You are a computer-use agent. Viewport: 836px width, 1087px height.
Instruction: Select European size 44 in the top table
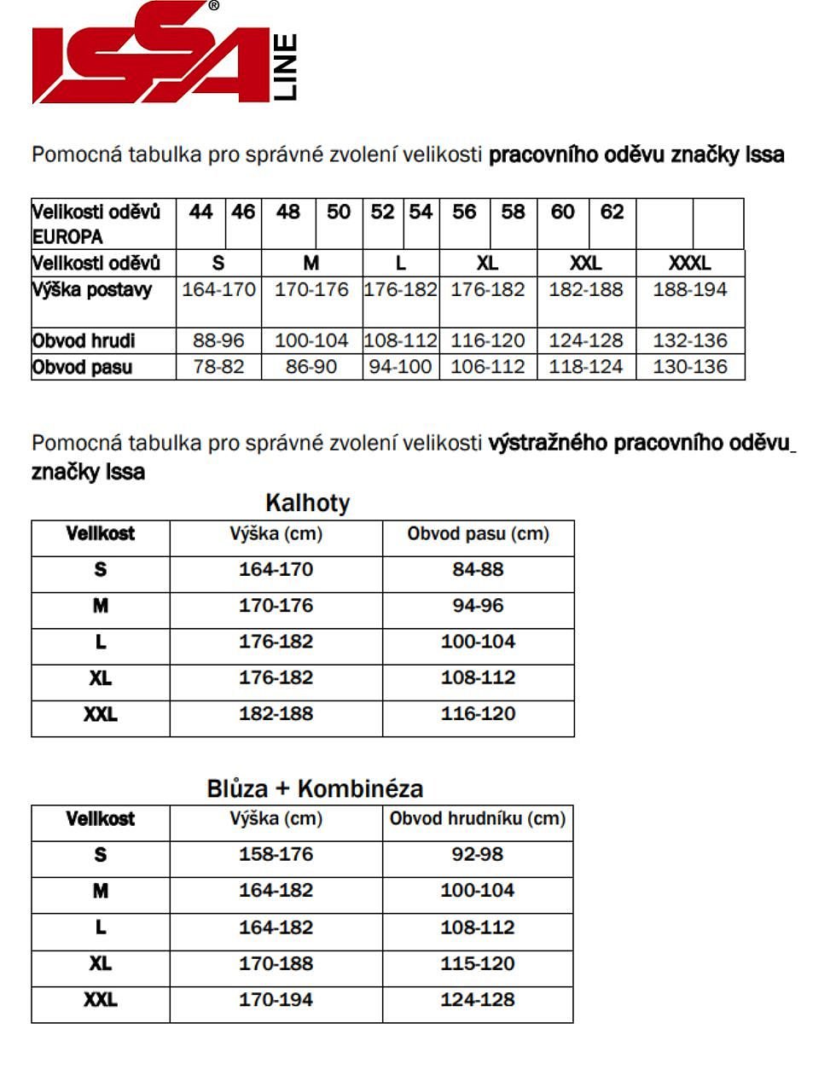pos(200,212)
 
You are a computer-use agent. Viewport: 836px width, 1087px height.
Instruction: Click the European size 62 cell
pos(612,212)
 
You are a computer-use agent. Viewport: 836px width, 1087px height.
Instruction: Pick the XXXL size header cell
pos(689,263)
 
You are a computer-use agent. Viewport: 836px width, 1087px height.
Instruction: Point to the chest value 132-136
pos(689,340)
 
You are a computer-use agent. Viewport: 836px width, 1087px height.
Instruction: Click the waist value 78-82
pos(218,367)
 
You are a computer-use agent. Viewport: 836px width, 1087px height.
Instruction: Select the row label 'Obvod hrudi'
pos(84,341)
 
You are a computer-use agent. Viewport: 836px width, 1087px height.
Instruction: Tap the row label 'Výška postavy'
pos(92,290)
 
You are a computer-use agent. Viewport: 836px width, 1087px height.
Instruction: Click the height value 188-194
pos(689,290)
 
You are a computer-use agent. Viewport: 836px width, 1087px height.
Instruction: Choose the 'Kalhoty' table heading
pos(307,503)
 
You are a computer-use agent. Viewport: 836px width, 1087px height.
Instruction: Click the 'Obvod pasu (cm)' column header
pos(478,534)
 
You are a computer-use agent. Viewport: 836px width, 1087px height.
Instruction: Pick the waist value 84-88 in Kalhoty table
pos(478,570)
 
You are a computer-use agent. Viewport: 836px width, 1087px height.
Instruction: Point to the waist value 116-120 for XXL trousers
pos(478,714)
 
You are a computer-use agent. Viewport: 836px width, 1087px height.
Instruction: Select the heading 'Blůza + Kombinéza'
pos(315,788)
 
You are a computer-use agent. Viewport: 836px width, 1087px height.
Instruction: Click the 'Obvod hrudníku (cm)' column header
pos(478,819)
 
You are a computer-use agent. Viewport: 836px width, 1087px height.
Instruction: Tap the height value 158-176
pos(276,855)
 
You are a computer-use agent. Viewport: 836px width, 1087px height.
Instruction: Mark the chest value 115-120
pos(478,964)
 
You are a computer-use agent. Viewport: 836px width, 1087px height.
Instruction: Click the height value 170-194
pos(276,1000)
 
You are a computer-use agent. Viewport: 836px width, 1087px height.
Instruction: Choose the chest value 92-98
pos(478,855)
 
